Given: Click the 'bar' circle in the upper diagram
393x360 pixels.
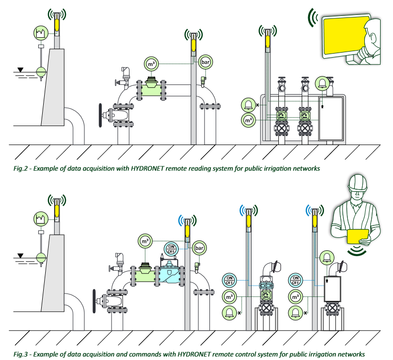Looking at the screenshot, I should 205,63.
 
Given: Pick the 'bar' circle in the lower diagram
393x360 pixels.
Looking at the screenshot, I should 199,247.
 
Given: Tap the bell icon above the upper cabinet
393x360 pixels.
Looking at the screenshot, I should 324,83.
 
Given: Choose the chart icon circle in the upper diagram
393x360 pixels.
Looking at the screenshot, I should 40,34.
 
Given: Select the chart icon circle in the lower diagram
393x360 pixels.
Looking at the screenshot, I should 40,217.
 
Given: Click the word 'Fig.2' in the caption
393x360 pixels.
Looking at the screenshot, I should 21,168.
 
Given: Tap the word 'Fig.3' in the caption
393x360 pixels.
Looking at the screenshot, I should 21,354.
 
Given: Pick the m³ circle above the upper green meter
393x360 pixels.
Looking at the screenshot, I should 150,64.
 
